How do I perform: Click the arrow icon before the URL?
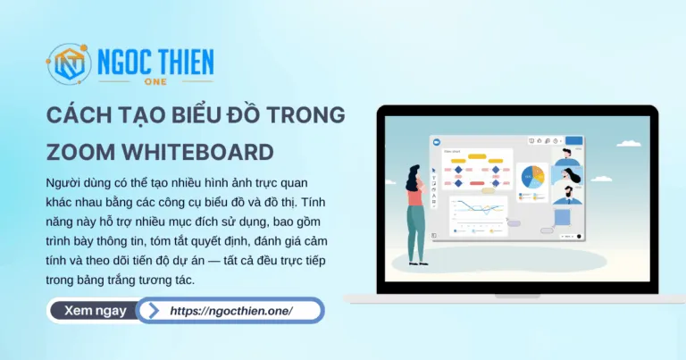(x=154, y=311)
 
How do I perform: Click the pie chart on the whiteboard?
(x=533, y=177)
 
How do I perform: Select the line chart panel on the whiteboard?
(x=478, y=213)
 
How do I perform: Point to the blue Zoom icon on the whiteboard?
(x=437, y=141)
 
